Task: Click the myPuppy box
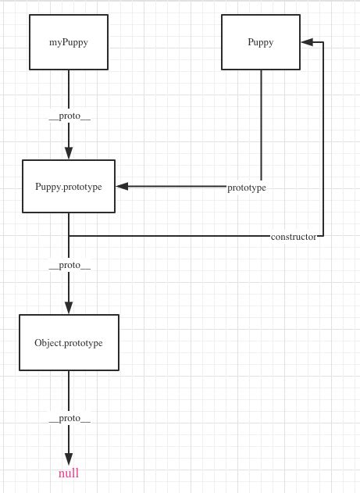point(68,42)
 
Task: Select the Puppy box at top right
point(261,42)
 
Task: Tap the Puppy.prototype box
point(68,186)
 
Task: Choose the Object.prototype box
point(69,342)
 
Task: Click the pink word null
point(69,473)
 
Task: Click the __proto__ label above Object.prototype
point(69,265)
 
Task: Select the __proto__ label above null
point(69,418)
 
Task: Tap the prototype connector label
point(247,188)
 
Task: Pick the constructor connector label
point(294,236)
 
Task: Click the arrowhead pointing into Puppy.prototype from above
point(69,153)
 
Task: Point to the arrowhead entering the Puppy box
point(307,42)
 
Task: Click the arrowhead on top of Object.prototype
point(69,308)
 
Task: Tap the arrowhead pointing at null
point(69,459)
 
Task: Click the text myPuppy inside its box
point(68,43)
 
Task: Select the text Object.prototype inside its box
point(69,343)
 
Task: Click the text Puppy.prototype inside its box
point(68,187)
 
